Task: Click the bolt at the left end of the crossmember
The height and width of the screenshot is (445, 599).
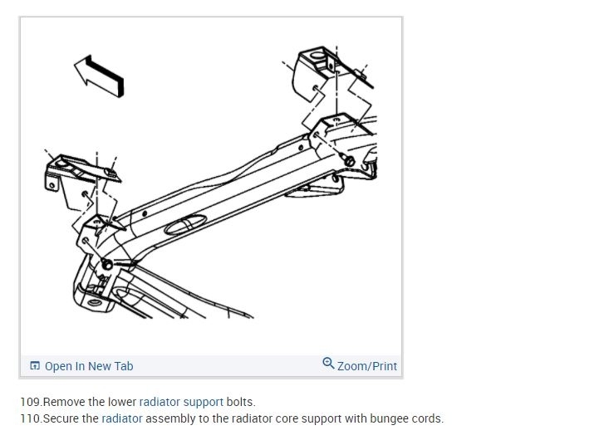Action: pos(107,264)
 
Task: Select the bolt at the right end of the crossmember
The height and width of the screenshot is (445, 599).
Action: pos(349,160)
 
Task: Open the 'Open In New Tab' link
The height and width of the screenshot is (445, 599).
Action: pos(88,366)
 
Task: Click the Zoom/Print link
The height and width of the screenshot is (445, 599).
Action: pos(366,366)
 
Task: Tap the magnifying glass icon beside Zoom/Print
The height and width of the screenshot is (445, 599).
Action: pos(328,364)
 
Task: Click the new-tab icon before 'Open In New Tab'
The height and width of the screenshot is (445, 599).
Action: pos(35,366)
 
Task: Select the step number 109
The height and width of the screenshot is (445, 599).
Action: pos(31,402)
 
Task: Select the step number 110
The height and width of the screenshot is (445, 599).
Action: pos(31,418)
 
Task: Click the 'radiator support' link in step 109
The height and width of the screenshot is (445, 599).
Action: pos(181,402)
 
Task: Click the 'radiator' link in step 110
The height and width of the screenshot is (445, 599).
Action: pos(122,418)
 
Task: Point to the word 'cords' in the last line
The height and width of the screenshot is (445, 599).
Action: pos(427,418)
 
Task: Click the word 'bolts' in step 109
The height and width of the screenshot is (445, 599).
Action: pos(240,402)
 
